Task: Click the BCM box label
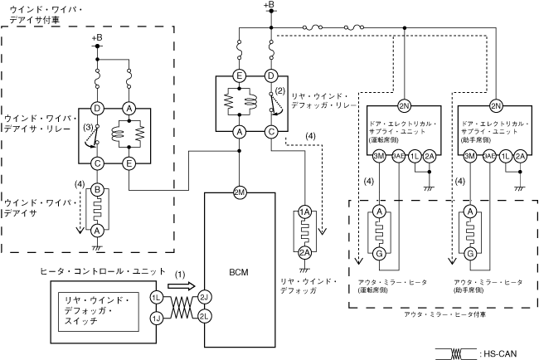(x=239, y=271)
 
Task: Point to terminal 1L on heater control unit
(x=157, y=296)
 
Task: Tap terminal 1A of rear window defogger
(x=304, y=213)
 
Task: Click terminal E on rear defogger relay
(x=239, y=76)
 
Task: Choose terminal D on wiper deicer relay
(x=98, y=108)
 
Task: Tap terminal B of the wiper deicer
(x=98, y=191)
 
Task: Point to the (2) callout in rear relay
(x=279, y=90)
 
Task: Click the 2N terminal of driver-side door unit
(x=404, y=106)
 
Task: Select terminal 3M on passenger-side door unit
(x=469, y=156)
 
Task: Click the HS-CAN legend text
(x=500, y=353)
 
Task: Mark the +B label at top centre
(x=269, y=6)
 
